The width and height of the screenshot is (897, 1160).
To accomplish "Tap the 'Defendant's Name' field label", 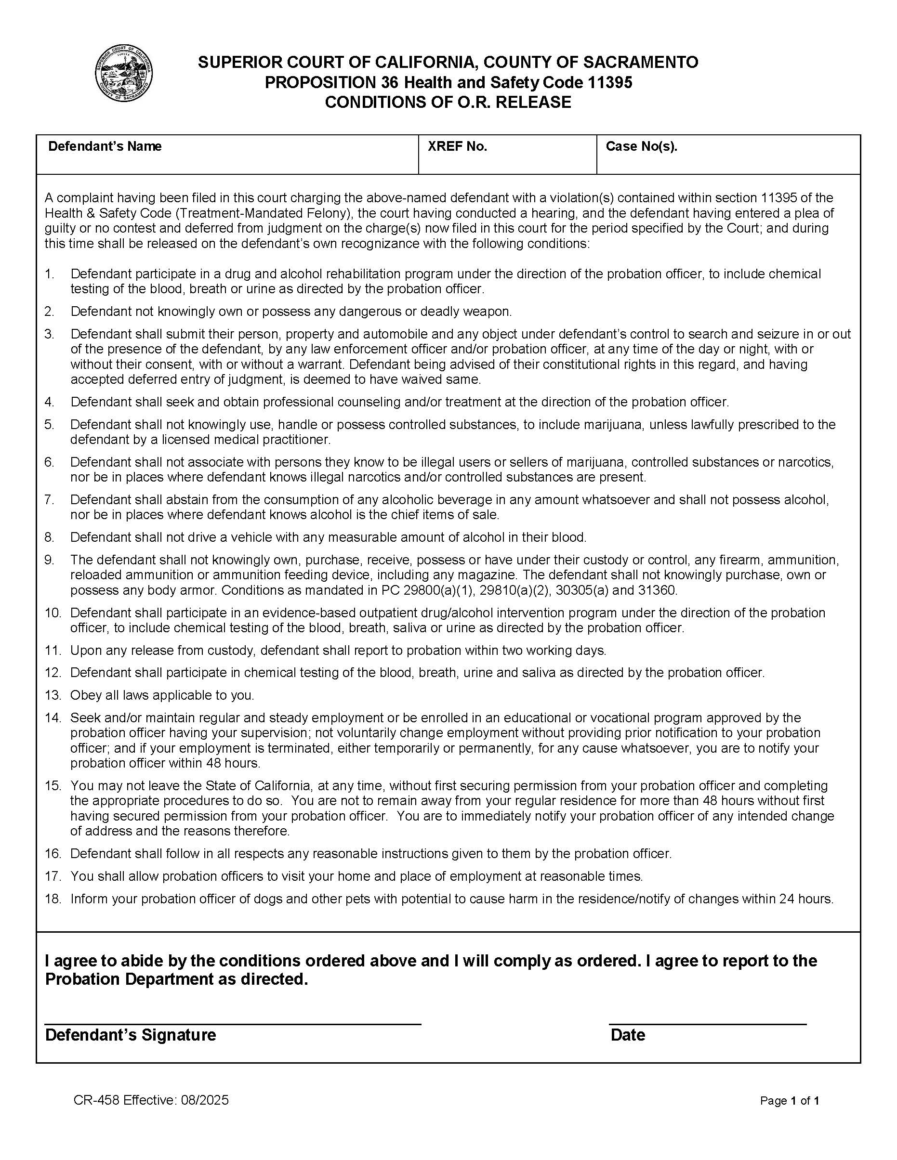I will [105, 146].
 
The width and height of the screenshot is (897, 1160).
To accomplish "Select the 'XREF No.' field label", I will [457, 146].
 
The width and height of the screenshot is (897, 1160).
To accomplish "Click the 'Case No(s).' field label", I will [641, 146].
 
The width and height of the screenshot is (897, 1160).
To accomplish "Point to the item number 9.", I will [50, 560].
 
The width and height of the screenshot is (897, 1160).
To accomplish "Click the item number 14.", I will [53, 717].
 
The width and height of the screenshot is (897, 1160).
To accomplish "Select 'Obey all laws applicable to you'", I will [162, 695].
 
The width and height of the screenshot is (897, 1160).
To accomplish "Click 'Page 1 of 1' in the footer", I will [789, 1101].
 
